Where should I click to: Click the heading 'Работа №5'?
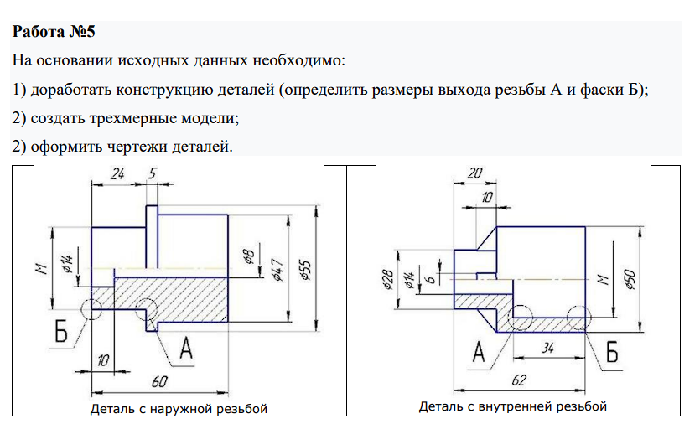[x=54, y=34]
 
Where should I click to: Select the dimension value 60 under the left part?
[x=160, y=381]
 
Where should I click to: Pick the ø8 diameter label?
[x=248, y=257]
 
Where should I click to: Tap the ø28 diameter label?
[x=387, y=280]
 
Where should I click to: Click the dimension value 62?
[x=519, y=381]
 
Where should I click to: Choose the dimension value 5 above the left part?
[x=151, y=175]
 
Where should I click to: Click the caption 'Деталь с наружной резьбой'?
[x=179, y=409]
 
